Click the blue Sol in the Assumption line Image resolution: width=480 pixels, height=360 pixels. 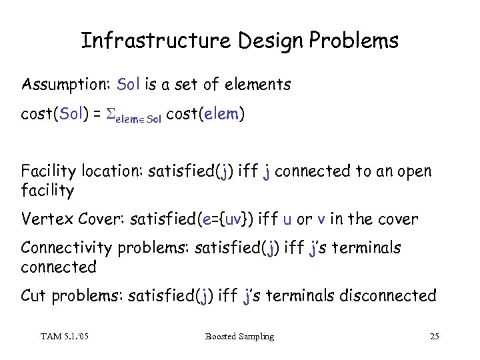pyautogui.click(x=128, y=84)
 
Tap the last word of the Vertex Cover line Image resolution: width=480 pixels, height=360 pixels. pyautogui.click(x=401, y=219)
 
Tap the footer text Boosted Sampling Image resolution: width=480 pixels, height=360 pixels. pyautogui.click(x=239, y=337)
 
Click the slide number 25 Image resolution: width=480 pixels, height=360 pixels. pyautogui.click(x=434, y=337)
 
